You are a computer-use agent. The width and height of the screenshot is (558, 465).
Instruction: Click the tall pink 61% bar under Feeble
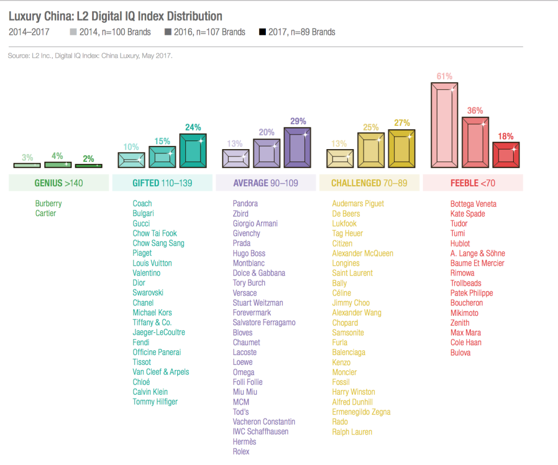click(445, 125)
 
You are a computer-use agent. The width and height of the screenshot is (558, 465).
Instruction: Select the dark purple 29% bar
click(298, 148)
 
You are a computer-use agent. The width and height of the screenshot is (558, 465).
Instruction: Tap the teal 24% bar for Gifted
click(193, 151)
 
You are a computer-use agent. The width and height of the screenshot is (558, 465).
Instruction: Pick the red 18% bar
click(506, 155)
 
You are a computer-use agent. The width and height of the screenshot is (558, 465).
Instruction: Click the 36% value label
click(475, 111)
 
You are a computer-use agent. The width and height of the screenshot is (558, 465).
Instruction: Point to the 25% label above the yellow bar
click(371, 127)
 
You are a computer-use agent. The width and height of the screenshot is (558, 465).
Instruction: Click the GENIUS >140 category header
click(59, 183)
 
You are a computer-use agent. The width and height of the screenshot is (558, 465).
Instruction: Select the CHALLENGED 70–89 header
click(369, 183)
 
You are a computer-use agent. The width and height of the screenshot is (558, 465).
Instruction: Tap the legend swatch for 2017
click(263, 32)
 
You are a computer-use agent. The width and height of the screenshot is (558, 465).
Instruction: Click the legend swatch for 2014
click(74, 32)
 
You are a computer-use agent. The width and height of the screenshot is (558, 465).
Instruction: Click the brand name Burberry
click(48, 204)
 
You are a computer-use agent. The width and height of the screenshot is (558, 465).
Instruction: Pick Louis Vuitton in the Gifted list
click(152, 263)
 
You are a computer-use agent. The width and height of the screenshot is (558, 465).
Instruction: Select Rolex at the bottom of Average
click(241, 451)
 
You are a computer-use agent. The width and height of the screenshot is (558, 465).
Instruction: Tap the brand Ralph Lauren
click(352, 432)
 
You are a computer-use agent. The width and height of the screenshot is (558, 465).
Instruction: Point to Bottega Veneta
click(473, 204)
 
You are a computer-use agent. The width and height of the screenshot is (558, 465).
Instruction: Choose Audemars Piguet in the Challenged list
click(358, 204)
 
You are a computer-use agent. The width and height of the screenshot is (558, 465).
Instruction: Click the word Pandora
click(245, 204)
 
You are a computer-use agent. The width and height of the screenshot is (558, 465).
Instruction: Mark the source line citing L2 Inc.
click(90, 56)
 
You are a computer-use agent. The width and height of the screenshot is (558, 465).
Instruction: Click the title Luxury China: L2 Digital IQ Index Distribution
click(116, 16)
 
